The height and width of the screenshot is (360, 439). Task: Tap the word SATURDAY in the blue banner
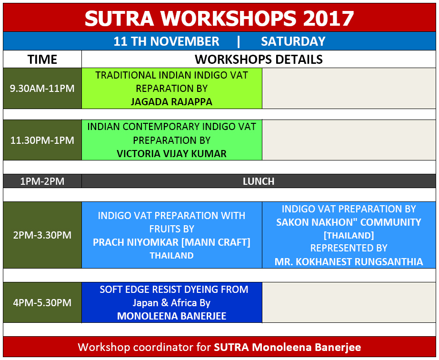[293, 41]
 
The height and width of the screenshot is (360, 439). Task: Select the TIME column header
[42, 60]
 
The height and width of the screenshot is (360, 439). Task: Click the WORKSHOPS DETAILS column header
[259, 60]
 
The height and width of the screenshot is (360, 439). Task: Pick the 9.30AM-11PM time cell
[42, 89]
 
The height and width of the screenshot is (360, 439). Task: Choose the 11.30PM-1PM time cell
[42, 140]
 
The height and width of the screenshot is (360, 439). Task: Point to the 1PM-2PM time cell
[42, 181]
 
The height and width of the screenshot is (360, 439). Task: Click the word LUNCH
[259, 181]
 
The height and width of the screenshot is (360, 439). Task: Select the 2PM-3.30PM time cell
[42, 235]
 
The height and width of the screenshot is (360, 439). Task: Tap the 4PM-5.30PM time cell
[42, 302]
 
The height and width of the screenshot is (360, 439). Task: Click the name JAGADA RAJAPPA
[171, 102]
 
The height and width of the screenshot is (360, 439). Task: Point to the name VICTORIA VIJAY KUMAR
[171, 154]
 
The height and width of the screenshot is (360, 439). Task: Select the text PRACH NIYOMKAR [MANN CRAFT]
[171, 242]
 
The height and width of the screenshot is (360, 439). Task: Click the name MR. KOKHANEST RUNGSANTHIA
[349, 262]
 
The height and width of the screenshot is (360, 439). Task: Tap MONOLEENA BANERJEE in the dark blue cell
[171, 316]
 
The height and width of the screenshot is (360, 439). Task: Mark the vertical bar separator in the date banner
[239, 41]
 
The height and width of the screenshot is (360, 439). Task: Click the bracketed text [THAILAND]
[349, 235]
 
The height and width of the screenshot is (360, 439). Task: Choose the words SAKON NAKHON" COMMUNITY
[349, 222]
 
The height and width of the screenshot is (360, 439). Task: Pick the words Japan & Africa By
[171, 303]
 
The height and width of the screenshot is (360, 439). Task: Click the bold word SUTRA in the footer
[231, 348]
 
